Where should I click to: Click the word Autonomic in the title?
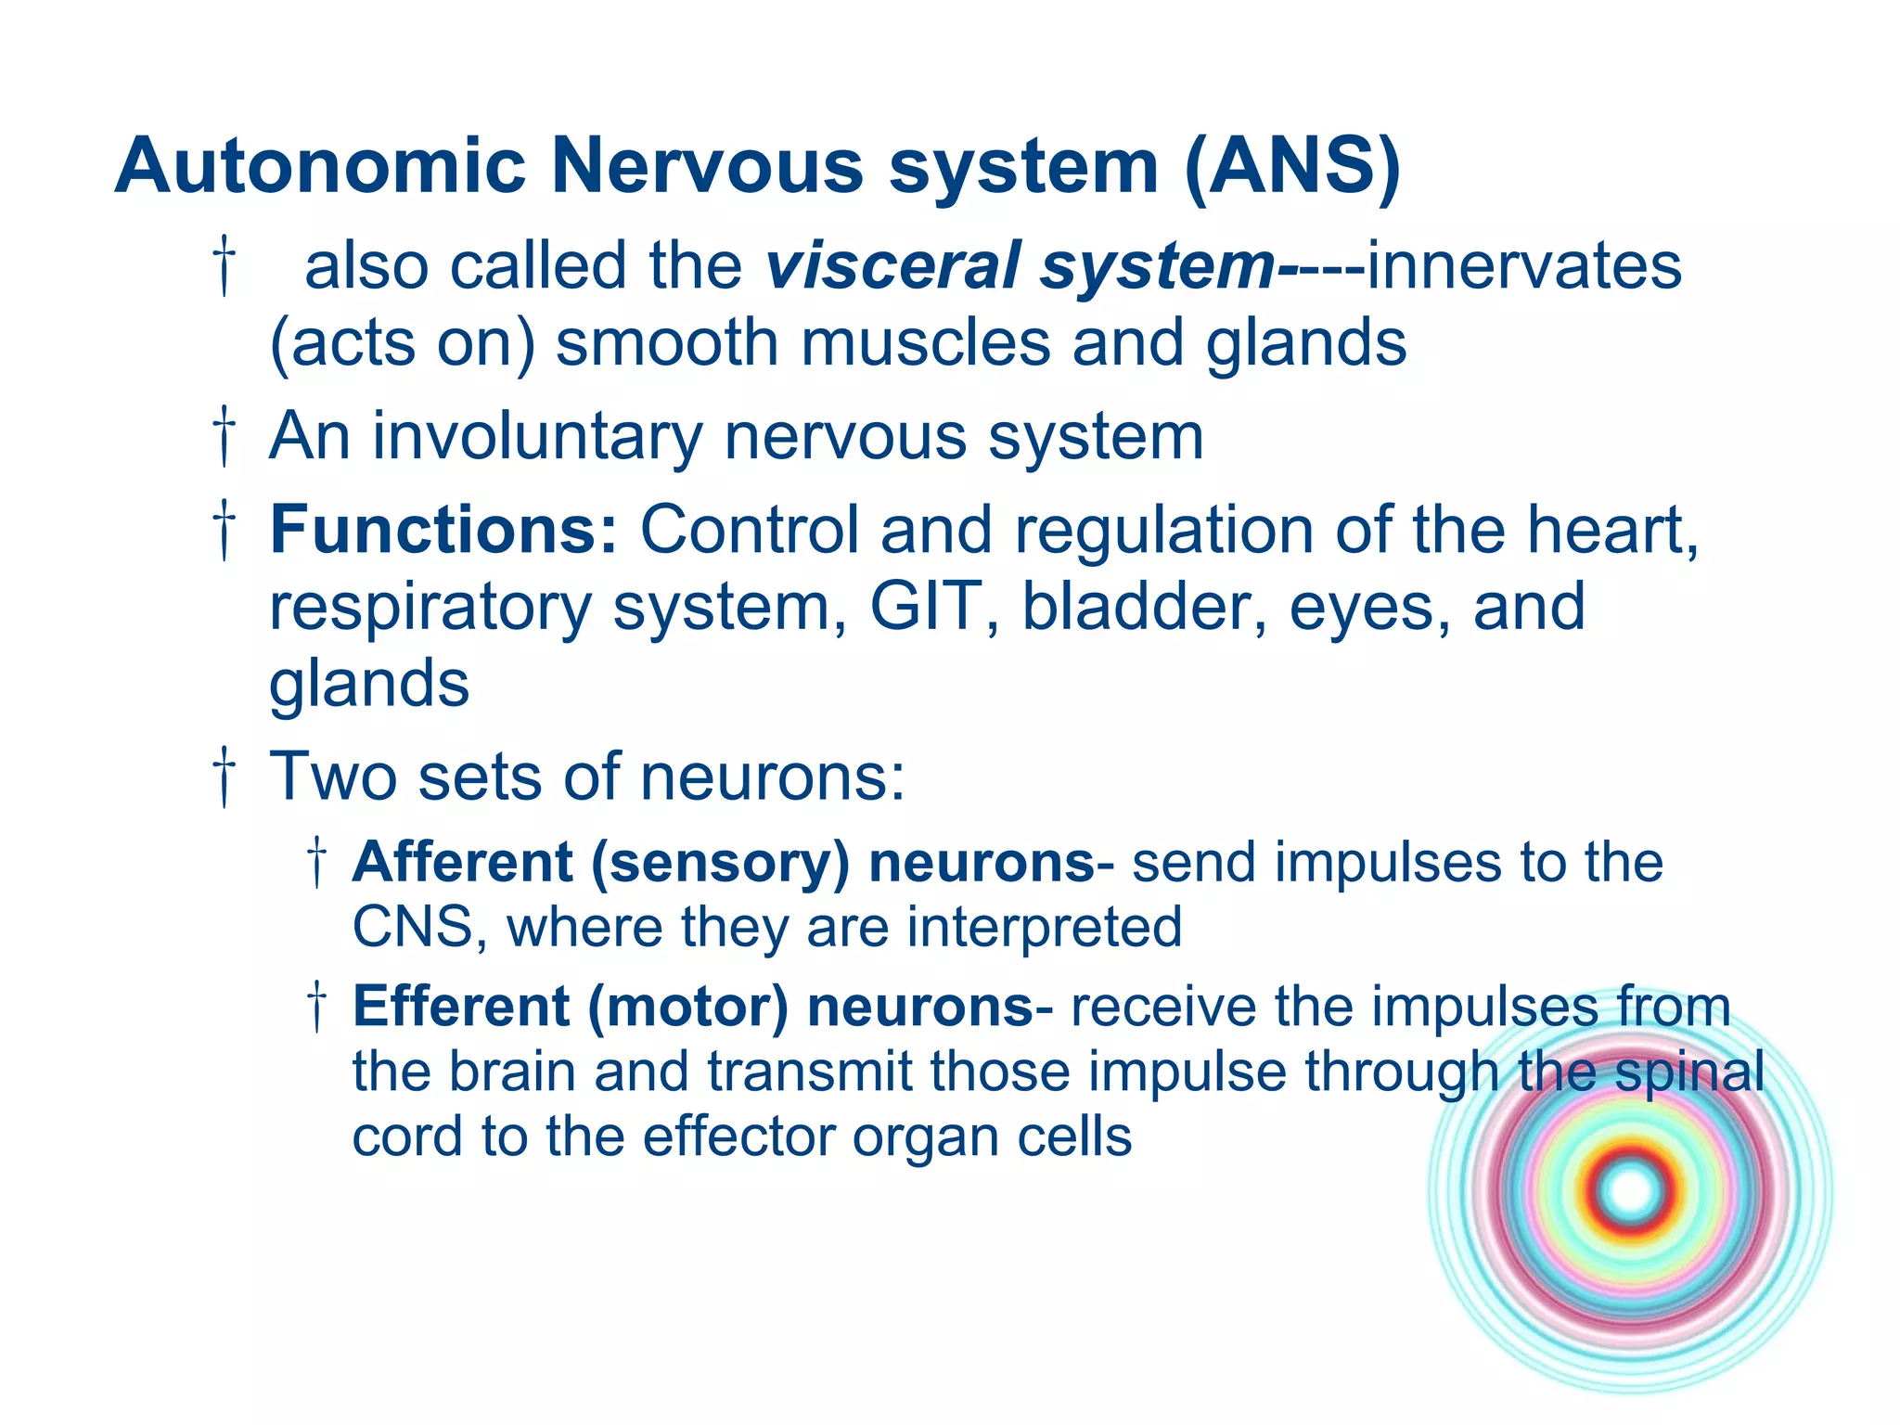pos(320,167)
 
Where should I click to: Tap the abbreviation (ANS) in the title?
pos(1292,167)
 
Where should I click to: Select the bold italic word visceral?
pos(892,266)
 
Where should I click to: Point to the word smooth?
pos(667,343)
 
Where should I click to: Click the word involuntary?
pos(537,436)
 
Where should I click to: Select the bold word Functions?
pos(443,530)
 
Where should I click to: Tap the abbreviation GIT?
pos(926,607)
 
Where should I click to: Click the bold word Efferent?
pos(461,1007)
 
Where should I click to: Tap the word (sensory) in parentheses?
pos(720,863)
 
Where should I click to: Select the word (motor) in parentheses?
pos(687,1008)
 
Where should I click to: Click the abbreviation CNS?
pos(411,928)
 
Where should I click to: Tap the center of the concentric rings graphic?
pos(1630,1191)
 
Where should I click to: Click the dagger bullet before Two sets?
pos(225,777)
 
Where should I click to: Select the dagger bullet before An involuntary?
pos(225,436)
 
